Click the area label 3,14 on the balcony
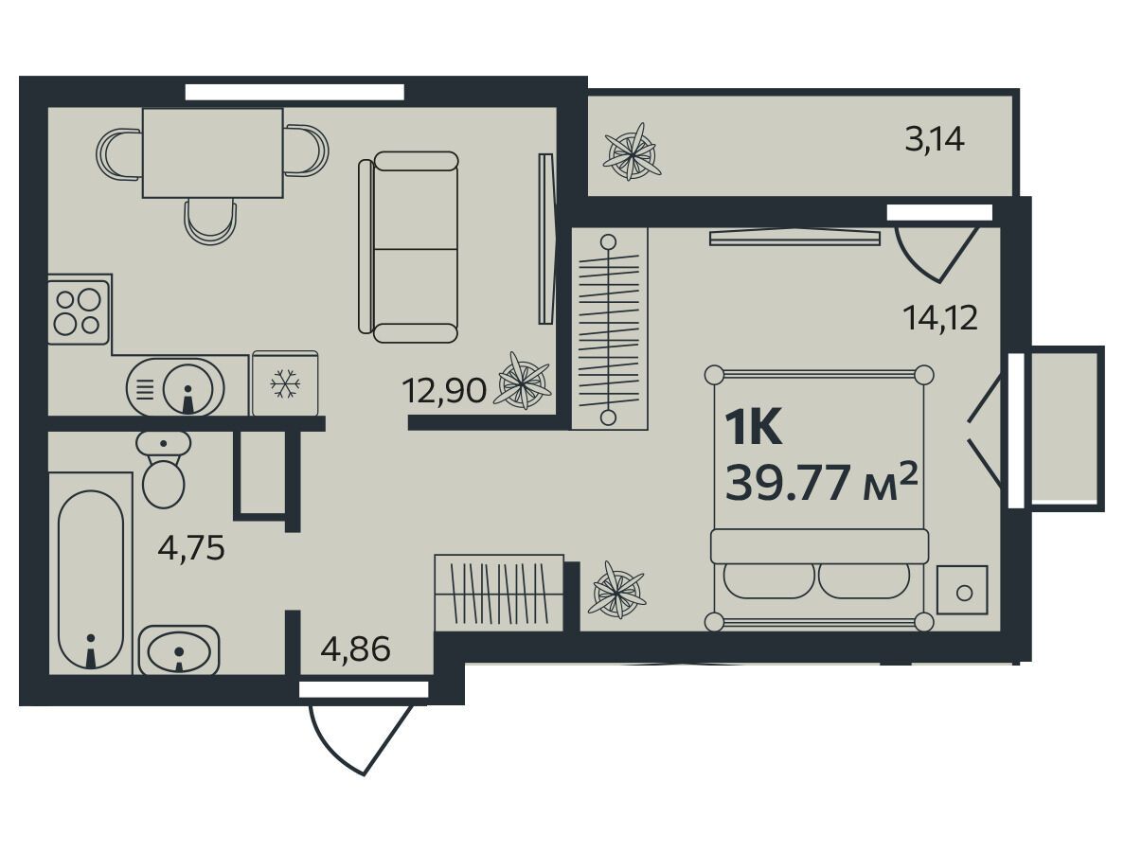(935, 139)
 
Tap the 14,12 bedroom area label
(940, 317)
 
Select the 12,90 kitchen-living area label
(444, 391)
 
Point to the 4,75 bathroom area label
(191, 548)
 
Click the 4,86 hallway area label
(356, 649)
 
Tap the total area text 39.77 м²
(822, 483)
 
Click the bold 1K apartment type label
(753, 428)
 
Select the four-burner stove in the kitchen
(79, 312)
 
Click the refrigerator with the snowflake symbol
(285, 383)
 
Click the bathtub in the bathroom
(90, 579)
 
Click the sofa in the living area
(408, 246)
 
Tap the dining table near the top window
(213, 152)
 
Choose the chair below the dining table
(210, 222)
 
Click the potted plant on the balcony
(632, 152)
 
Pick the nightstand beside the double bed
(962, 590)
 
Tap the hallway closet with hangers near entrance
(500, 593)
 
